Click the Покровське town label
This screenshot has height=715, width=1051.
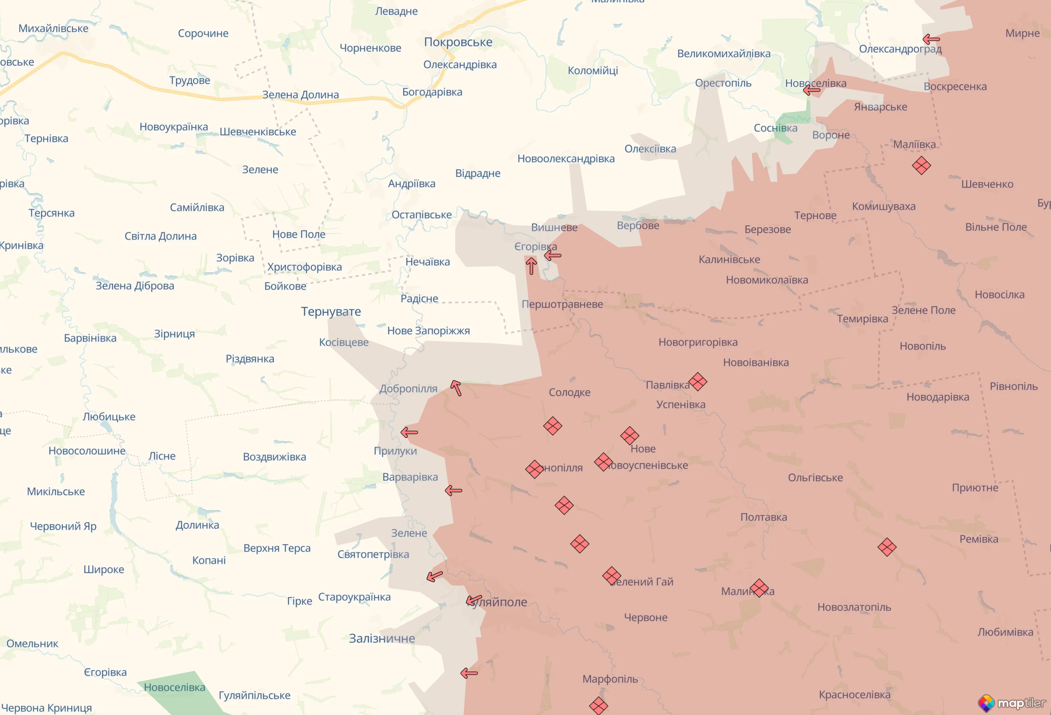coord(458,42)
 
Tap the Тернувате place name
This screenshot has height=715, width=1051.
coord(331,311)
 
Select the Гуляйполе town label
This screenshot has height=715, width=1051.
coord(500,602)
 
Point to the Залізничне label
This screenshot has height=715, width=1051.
coord(382,638)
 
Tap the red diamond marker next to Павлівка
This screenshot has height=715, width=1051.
coord(697,381)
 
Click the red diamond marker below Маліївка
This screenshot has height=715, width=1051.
coord(921,165)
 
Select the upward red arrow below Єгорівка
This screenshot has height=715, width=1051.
coord(531,266)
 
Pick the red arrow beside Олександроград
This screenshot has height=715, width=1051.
coord(931,39)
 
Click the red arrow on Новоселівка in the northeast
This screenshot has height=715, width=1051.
coord(811,90)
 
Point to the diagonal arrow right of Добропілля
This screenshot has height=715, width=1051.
coord(456,388)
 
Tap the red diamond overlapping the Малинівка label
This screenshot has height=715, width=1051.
coord(759,588)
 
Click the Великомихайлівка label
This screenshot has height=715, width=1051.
coord(724,54)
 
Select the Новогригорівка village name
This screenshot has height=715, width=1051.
coord(697,342)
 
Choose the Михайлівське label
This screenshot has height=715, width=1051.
coord(53,29)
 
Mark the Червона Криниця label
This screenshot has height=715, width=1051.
coord(47,707)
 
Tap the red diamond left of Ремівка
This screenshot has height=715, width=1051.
coord(886,547)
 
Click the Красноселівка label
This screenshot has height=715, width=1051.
coord(854,694)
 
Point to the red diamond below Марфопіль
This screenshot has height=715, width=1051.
coord(598,706)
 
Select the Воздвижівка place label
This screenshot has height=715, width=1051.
coord(274,457)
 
